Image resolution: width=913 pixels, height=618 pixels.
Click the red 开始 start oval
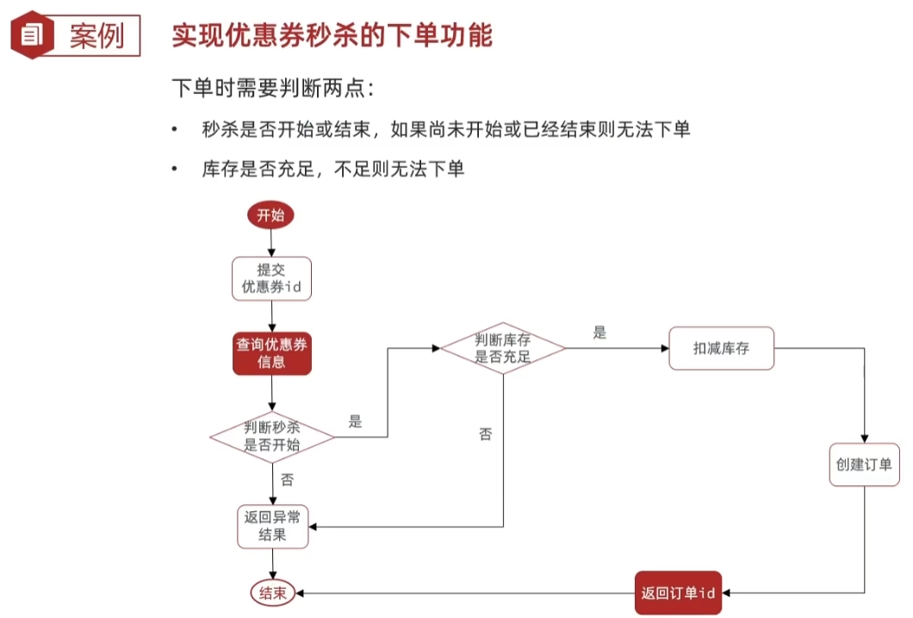270,215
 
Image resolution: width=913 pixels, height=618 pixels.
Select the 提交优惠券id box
271,278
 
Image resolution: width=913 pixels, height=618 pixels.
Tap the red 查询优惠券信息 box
271,353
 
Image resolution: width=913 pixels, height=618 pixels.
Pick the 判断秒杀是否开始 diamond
272,436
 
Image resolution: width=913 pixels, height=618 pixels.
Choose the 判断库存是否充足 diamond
503,348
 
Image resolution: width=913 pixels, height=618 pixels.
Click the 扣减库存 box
721,348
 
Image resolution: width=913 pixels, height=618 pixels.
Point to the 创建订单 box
864,465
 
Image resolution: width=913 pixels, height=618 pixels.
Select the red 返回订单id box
678,593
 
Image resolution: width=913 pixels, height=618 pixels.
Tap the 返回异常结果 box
272,526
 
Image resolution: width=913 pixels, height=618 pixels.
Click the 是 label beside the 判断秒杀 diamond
355,422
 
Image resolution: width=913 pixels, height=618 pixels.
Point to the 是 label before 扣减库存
599,333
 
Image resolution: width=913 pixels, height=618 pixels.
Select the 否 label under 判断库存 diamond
485,434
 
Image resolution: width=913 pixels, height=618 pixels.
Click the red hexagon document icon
31,35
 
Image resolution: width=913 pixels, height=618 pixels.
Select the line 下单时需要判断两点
273,88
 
